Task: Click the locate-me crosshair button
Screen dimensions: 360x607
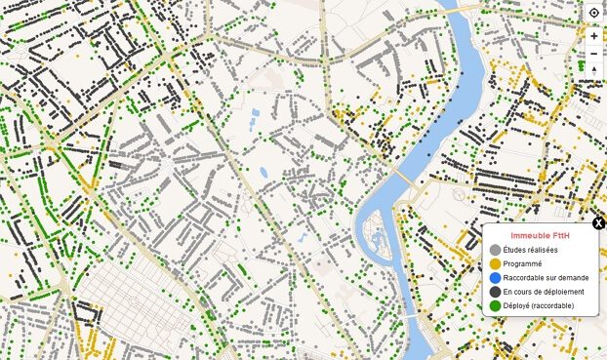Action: coord(594,12)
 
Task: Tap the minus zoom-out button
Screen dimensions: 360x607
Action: coord(594,53)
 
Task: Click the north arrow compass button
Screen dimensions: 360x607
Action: coord(594,71)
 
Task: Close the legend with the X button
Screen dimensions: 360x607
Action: coord(598,223)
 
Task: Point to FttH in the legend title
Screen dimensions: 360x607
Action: coord(562,236)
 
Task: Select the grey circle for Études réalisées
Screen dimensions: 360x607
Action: coord(495,250)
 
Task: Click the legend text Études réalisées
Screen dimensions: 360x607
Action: coord(531,250)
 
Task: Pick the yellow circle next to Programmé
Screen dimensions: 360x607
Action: coord(495,263)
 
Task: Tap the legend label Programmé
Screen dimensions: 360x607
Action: coord(523,263)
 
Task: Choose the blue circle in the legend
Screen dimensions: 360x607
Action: coord(495,277)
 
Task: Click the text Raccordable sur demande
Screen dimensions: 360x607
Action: coord(546,277)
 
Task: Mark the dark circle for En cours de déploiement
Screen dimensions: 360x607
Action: coord(495,292)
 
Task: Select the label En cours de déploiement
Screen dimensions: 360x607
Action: coord(544,292)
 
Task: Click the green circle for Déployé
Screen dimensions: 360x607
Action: coord(495,305)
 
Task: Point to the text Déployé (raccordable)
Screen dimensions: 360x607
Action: coord(539,305)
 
